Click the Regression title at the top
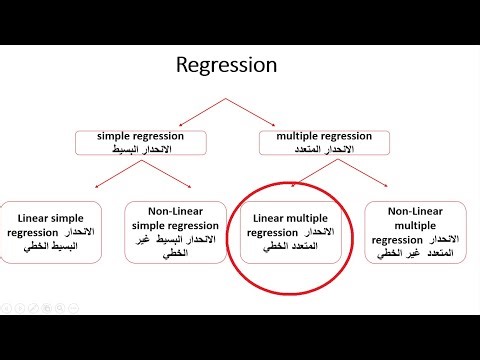[x=226, y=66]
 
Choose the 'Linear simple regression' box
[x=58, y=231]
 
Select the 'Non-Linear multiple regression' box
[x=415, y=231]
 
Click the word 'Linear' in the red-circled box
[x=270, y=218]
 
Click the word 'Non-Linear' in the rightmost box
[x=415, y=211]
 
